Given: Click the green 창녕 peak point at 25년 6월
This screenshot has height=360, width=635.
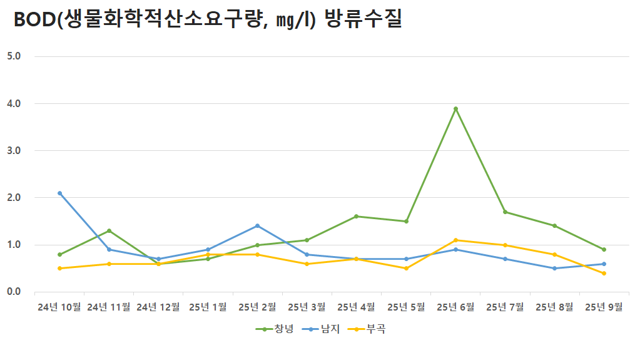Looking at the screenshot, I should pos(455,108).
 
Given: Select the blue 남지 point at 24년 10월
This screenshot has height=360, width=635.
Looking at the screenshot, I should pos(59,193).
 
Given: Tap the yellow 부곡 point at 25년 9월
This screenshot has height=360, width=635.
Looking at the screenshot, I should pos(604,273).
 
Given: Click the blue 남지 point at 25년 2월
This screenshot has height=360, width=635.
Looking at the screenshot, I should pos(257,225).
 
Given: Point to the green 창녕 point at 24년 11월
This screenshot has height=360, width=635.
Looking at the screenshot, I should pos(109,230).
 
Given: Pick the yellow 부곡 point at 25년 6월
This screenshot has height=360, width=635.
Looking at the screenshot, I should pos(455,240).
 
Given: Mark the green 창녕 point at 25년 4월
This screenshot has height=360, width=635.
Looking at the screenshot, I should pos(356,216).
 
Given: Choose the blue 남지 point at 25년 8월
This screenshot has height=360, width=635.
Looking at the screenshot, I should pos(554,268).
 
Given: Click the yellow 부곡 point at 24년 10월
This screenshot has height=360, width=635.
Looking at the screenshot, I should pos(59,268).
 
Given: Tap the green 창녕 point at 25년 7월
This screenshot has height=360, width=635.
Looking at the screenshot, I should pos(505,212).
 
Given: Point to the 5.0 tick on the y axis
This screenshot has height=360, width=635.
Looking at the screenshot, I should pos(14,56).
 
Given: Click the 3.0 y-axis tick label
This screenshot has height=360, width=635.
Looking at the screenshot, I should pos(14,150).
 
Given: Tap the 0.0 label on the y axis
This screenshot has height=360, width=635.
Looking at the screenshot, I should pos(14,292).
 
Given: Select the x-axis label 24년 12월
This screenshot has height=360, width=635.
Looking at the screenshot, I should pos(158,307).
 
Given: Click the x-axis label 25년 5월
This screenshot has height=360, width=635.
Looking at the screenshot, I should pos(406,307).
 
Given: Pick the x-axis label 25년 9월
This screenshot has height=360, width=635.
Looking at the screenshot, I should pos(604,307).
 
